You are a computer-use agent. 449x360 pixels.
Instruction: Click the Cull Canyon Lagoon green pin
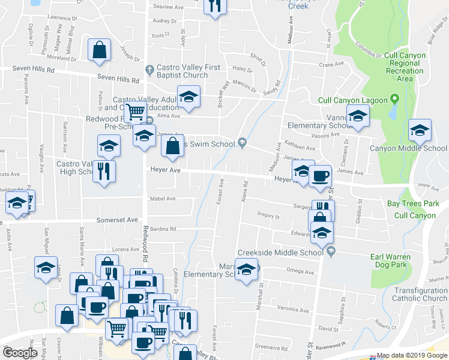click(x=394, y=99)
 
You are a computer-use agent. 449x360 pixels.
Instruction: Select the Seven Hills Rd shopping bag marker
click(x=99, y=50)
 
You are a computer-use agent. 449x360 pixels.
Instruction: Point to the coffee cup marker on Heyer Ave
click(x=320, y=175)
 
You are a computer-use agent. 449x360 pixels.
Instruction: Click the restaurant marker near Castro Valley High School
click(x=104, y=170)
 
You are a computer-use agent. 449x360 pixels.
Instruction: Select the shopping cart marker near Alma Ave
click(x=136, y=111)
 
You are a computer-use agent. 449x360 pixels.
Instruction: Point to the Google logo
click(x=19, y=353)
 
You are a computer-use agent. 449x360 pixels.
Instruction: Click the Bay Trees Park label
click(x=413, y=203)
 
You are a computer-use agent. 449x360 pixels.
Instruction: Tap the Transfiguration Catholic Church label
click(x=409, y=294)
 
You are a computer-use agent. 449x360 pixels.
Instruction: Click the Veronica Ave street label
click(x=293, y=309)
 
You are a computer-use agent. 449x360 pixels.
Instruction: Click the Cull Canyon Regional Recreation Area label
click(x=405, y=67)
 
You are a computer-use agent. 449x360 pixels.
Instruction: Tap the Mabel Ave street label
click(x=163, y=199)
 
